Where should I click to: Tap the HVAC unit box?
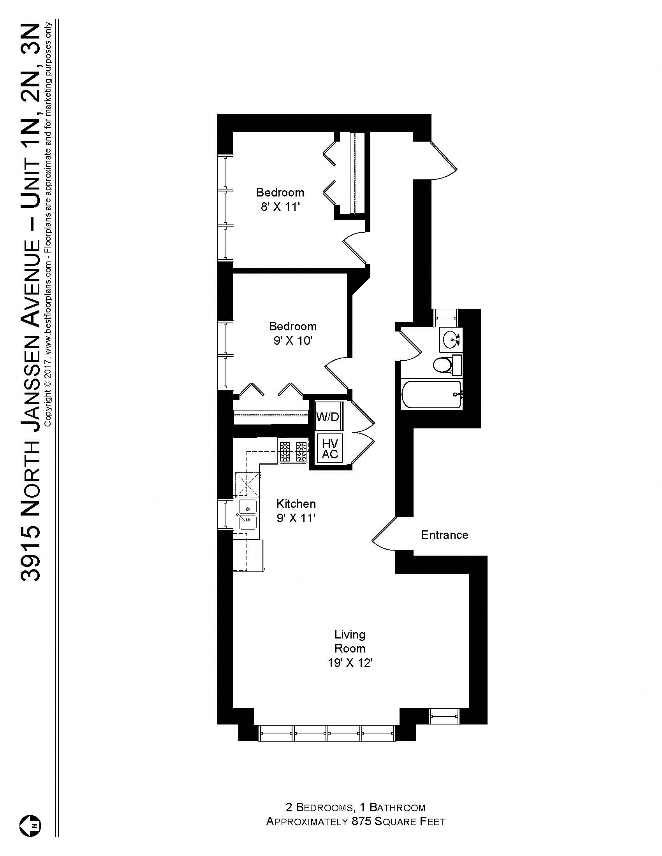(329, 449)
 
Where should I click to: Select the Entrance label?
(444, 535)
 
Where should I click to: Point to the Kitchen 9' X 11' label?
(296, 511)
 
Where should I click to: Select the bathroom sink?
(451, 338)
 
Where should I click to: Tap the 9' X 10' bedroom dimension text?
(292, 340)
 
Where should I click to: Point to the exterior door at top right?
(444, 161)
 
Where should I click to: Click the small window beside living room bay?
(444, 716)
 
